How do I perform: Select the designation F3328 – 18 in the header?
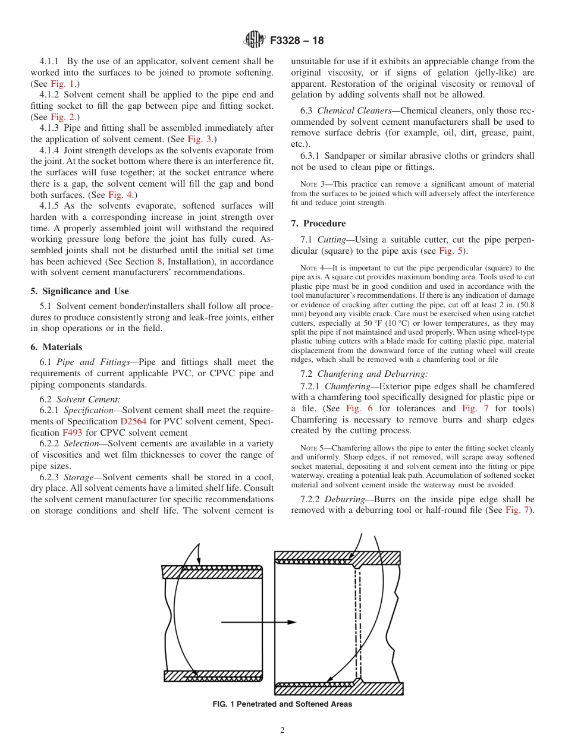click(297, 41)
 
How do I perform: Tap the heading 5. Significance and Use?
click(79, 291)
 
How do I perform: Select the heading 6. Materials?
click(56, 347)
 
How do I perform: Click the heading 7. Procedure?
click(318, 223)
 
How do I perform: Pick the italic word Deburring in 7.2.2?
click(345, 499)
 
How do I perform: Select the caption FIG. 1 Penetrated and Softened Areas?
click(282, 704)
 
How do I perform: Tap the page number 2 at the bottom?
click(282, 730)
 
